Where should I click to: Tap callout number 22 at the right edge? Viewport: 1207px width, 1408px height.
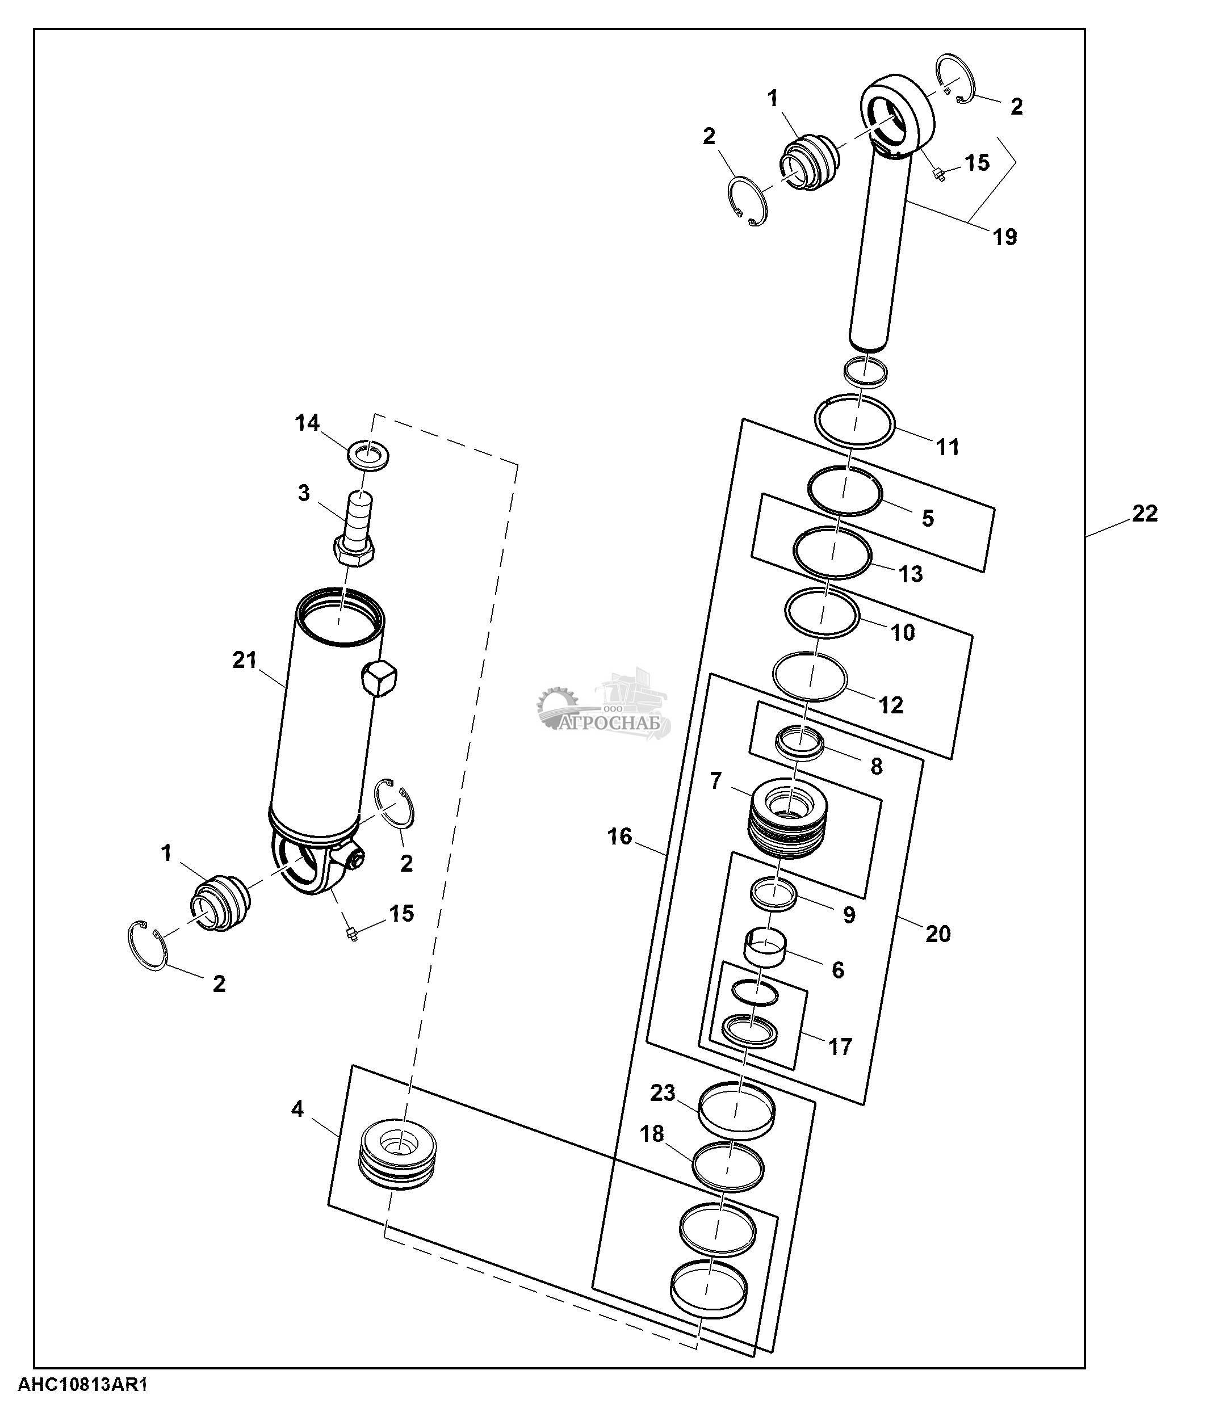tap(1145, 513)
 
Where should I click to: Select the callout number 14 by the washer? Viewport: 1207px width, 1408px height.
tap(307, 423)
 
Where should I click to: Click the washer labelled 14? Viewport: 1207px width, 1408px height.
tap(368, 454)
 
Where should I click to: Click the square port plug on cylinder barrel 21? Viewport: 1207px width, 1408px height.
tap(380, 678)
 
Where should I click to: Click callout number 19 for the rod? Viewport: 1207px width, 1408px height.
tap(1004, 237)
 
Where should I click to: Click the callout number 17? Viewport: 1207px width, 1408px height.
tap(840, 1046)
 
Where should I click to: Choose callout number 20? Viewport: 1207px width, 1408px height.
tap(938, 934)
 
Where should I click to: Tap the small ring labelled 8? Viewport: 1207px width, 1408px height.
tap(801, 743)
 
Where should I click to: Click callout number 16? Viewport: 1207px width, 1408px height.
tap(620, 837)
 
